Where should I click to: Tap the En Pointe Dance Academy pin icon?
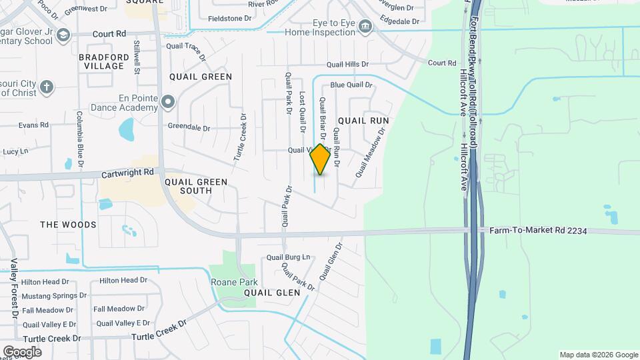(x=167, y=102)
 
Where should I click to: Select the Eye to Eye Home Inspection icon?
(x=365, y=27)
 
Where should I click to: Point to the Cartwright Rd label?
(x=127, y=172)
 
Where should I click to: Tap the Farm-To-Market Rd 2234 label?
(x=538, y=230)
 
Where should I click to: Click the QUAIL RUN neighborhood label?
(x=363, y=121)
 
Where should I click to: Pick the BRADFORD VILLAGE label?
(x=104, y=61)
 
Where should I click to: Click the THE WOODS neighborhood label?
(x=68, y=225)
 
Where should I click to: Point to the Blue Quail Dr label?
(x=351, y=85)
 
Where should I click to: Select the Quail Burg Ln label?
(x=288, y=257)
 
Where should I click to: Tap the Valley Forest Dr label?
(x=14, y=288)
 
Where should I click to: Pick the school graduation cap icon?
(x=63, y=35)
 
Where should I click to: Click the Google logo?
(x=22, y=351)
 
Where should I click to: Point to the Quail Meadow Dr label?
(x=371, y=153)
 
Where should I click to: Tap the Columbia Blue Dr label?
(x=79, y=139)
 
